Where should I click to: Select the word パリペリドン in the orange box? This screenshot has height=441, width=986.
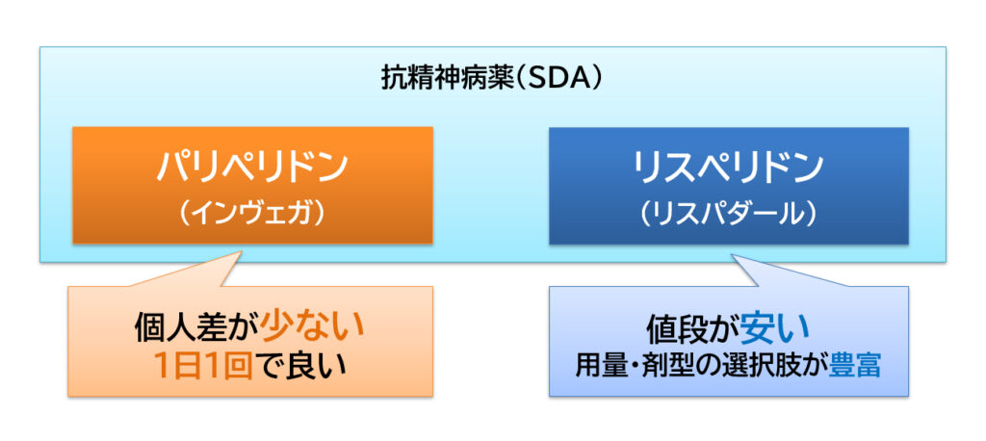[252, 168]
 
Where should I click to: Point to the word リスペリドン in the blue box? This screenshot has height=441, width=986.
[728, 168]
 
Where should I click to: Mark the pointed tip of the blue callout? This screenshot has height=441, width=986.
[734, 256]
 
